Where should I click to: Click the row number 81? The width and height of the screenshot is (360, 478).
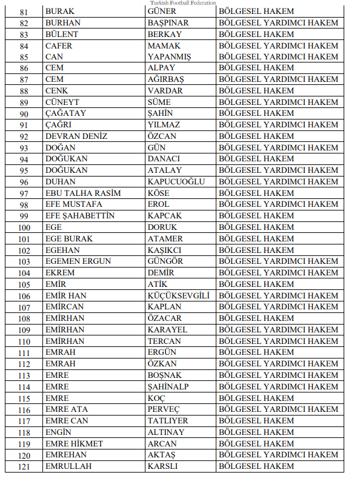24,12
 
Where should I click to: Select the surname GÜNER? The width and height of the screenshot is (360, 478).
162,12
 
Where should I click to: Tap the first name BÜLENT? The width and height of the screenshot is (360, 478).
62,34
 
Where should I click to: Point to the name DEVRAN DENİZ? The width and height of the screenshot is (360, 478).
76,136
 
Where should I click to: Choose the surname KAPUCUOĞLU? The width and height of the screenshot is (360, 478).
176,181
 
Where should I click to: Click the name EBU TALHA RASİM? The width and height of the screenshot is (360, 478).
83,193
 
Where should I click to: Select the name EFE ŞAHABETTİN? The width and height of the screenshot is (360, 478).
80,215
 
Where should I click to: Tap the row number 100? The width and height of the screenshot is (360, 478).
24,227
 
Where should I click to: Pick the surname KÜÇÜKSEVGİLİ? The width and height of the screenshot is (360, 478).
178,295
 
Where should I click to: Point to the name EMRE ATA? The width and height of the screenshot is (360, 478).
67,409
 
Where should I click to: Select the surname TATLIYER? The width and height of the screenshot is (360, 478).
168,420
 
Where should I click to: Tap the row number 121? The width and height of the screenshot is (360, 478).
24,466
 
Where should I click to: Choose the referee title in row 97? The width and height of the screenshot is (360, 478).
256,193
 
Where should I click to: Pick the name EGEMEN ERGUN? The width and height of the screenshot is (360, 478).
78,261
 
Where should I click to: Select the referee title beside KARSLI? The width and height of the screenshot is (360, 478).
256,466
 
